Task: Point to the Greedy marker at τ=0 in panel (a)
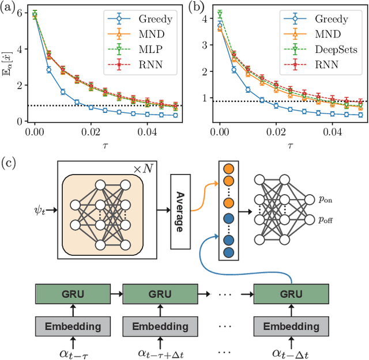click(x=35, y=16)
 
